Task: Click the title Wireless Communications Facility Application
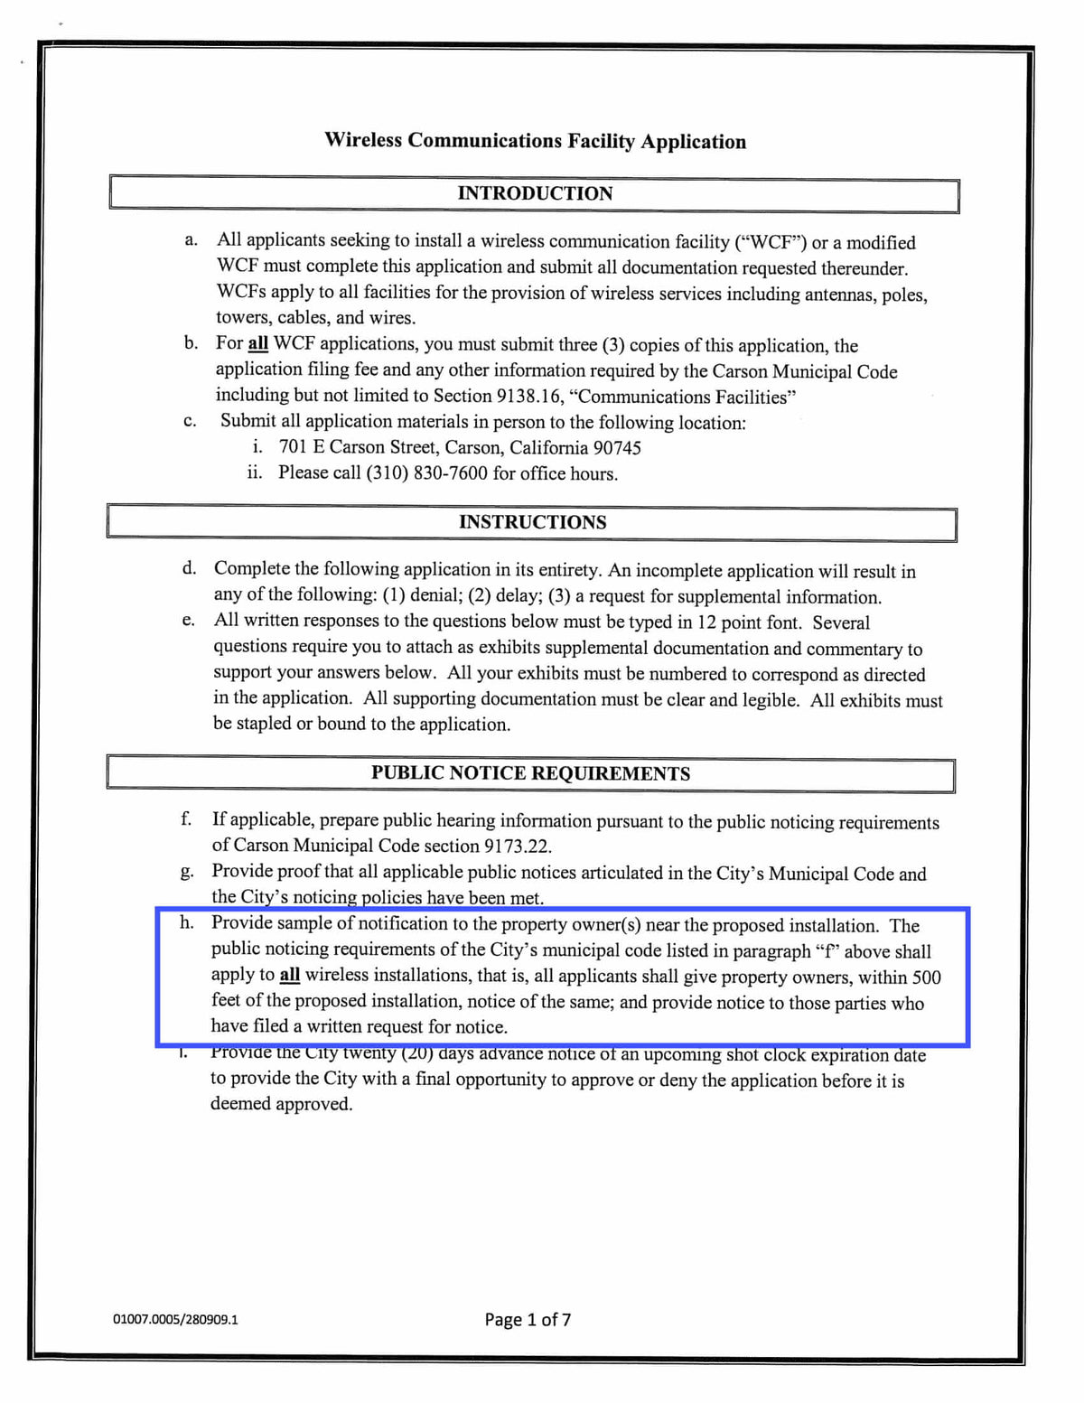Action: (535, 141)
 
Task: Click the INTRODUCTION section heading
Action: (535, 193)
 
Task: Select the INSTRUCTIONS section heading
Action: (532, 522)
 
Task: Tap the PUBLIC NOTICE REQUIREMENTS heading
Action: (530, 773)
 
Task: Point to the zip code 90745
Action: (617, 448)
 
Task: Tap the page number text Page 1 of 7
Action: (528, 1319)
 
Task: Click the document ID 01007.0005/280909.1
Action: (175, 1319)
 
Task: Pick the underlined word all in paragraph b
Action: (257, 344)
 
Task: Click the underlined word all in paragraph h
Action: (289, 976)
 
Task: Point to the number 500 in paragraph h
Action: (925, 977)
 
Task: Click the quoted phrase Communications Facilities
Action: (683, 397)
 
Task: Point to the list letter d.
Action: (189, 568)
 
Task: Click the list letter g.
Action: (186, 873)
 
